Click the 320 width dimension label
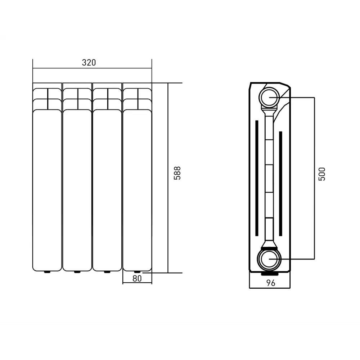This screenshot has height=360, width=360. click(x=89, y=63)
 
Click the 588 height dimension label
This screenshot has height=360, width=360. click(x=177, y=173)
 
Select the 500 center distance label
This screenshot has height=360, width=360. click(x=322, y=174)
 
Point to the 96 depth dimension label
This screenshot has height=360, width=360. click(x=271, y=283)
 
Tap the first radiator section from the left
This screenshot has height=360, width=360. click(x=47, y=180)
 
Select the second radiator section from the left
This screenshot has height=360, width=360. click(x=77, y=180)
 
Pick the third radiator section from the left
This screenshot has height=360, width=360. click(x=107, y=180)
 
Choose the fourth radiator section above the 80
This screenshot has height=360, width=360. click(x=137, y=180)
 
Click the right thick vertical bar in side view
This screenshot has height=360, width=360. click(x=280, y=182)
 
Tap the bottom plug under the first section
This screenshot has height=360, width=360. click(x=47, y=272)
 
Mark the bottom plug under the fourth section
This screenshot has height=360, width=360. click(x=137, y=272)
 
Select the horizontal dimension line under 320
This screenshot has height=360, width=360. click(x=92, y=68)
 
